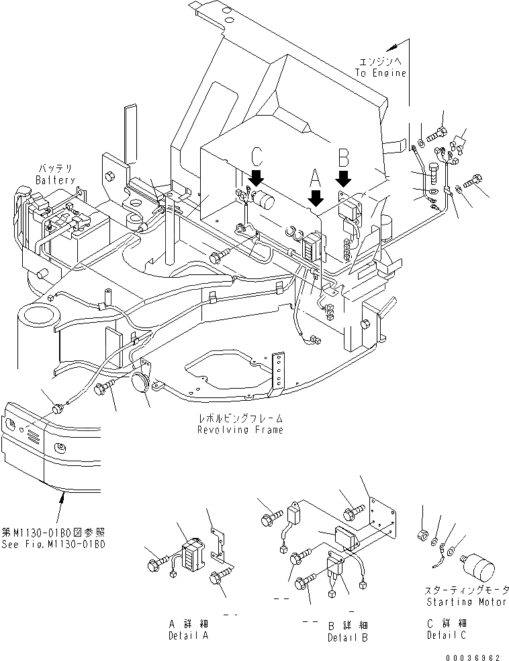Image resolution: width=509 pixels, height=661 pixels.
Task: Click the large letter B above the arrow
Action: (343, 158)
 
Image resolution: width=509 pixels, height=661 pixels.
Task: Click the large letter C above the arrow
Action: (256, 157)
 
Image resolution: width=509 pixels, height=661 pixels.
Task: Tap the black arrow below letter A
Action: (314, 197)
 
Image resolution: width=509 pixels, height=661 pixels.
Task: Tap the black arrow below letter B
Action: (343, 178)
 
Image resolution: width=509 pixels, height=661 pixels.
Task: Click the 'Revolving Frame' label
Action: (240, 430)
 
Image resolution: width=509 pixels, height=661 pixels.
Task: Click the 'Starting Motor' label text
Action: (465, 602)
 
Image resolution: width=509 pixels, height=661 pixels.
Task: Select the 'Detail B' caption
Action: (347, 637)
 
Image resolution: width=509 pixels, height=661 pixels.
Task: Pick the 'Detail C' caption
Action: (446, 635)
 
